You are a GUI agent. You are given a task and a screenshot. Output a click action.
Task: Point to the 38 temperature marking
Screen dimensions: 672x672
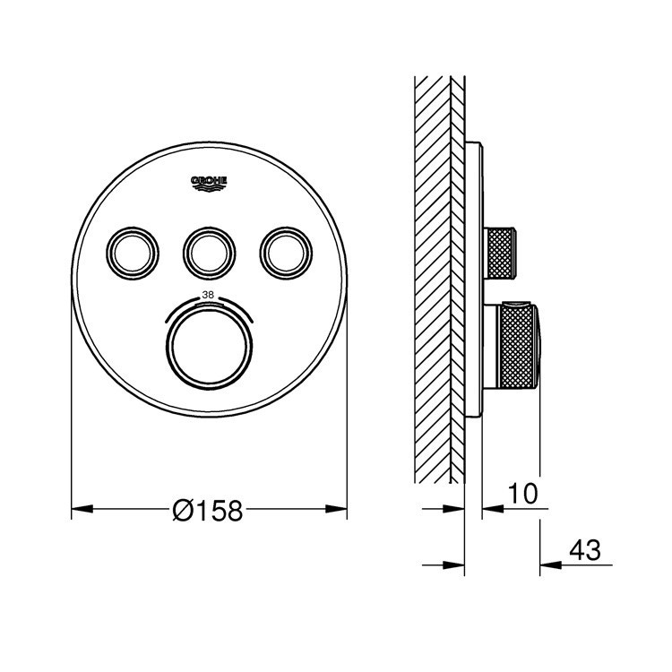point(208,294)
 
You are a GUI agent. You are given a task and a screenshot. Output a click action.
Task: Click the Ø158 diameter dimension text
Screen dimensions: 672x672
point(208,510)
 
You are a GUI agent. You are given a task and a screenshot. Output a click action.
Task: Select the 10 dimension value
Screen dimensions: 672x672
point(523,493)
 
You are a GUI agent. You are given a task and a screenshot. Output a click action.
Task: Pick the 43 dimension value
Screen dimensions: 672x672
point(583,548)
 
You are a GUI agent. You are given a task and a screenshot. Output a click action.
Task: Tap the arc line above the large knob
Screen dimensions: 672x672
point(209,301)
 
